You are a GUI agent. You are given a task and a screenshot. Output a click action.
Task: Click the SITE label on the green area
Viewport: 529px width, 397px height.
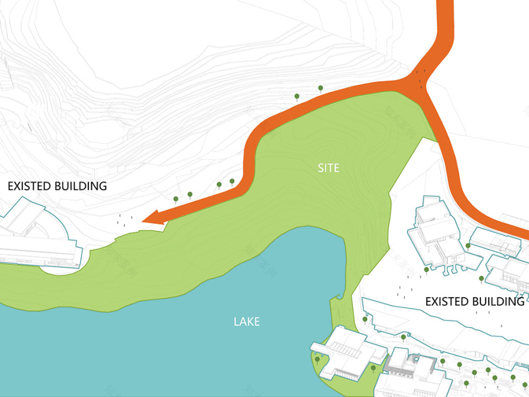coord(328,168)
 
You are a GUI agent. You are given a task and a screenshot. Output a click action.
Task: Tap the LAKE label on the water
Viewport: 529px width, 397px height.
coord(246,322)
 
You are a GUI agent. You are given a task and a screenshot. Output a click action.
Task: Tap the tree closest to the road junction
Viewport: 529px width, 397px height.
coord(320,88)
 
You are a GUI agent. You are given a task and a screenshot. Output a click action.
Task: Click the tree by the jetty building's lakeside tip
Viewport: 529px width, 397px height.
coord(317,360)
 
